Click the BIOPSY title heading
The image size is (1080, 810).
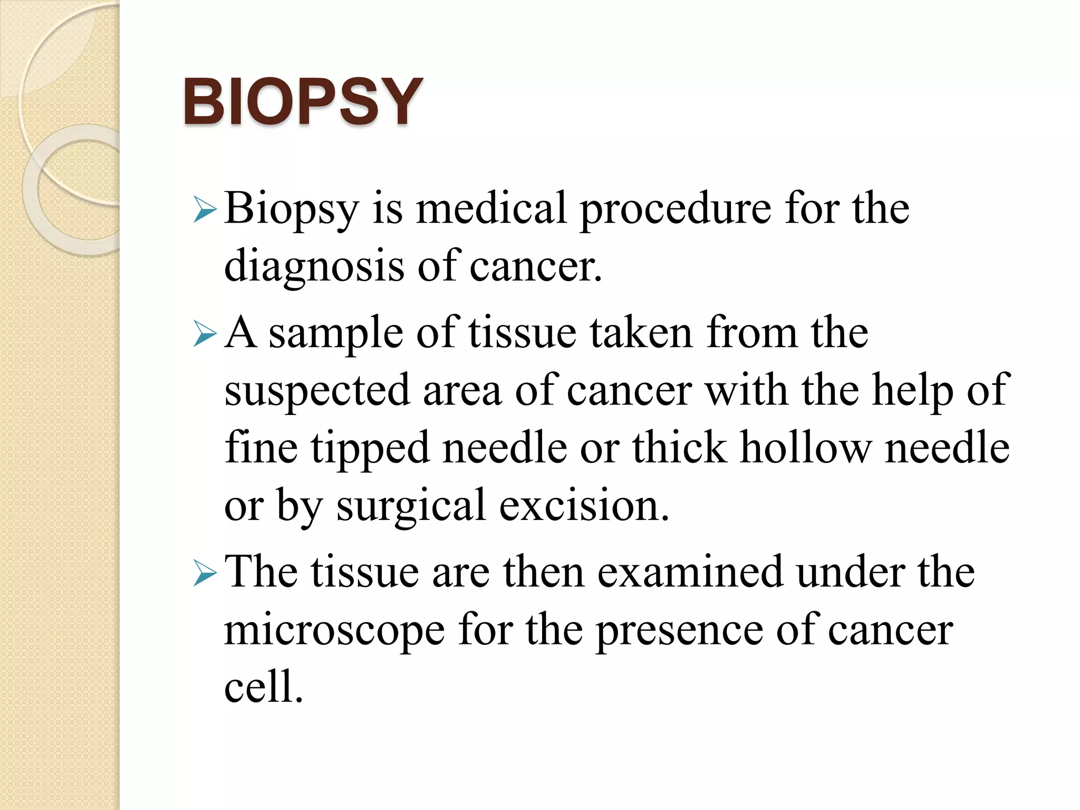(303, 102)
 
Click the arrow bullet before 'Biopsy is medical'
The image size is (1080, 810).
(205, 209)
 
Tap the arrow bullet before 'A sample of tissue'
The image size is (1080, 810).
(205, 334)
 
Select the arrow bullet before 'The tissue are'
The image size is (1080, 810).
(205, 573)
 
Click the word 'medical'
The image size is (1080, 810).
(490, 209)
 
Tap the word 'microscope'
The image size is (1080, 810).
(334, 632)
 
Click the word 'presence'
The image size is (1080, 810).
(679, 632)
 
